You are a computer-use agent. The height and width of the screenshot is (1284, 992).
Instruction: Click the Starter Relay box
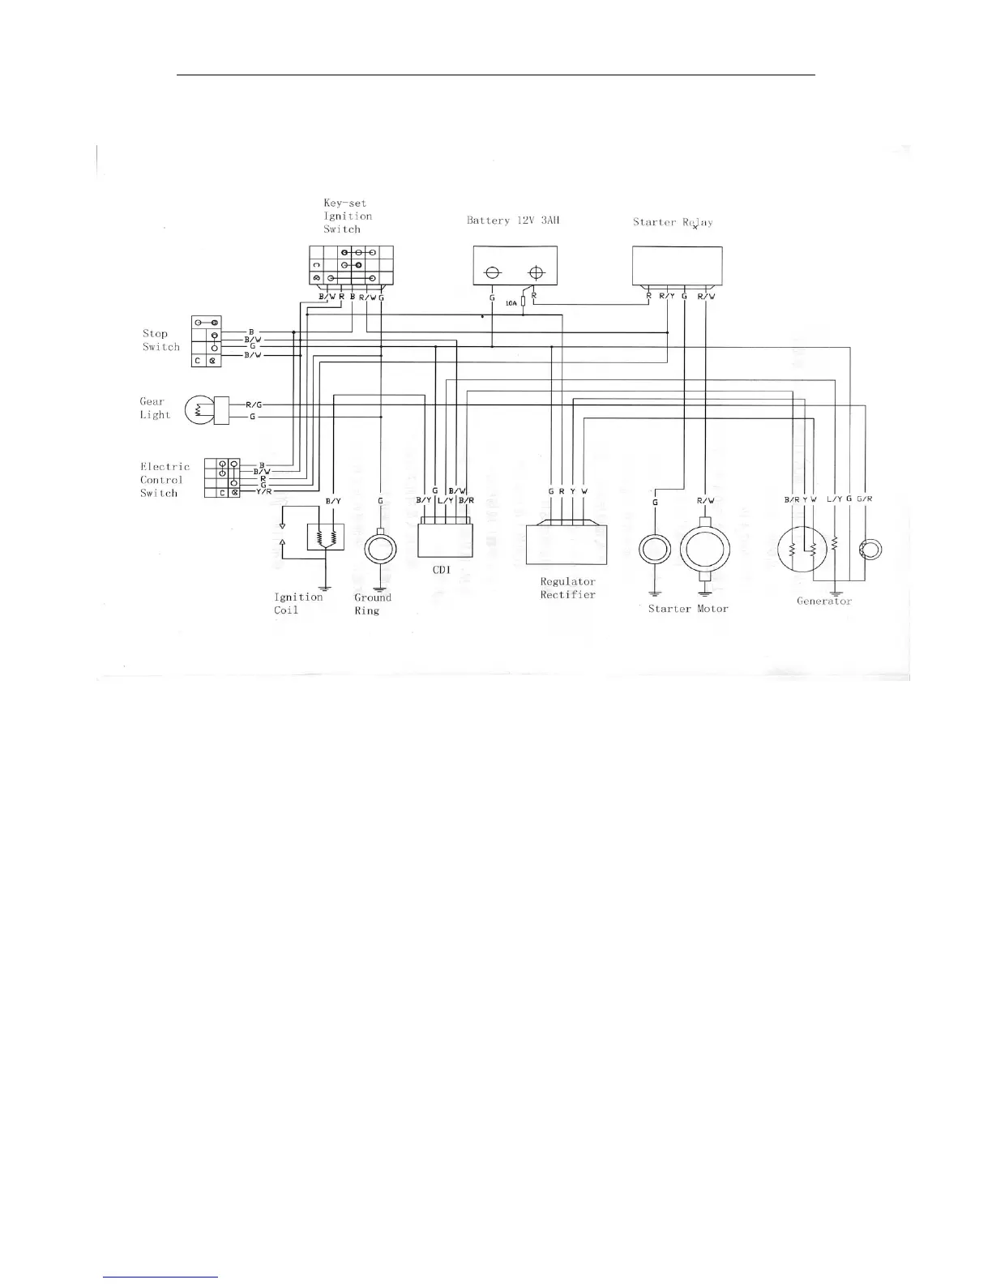point(677,267)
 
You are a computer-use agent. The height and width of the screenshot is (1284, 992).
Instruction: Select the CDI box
point(445,539)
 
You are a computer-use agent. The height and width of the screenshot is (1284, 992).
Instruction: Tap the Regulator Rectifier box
point(567,544)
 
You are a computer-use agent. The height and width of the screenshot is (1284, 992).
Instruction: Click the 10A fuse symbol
point(524,302)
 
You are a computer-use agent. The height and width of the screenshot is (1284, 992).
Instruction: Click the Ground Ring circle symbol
point(380,548)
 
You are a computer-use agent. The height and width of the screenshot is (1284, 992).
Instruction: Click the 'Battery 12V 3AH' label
point(513,220)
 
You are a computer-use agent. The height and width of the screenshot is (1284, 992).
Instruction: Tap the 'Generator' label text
point(824,601)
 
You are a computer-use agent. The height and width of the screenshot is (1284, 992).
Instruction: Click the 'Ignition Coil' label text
point(297,603)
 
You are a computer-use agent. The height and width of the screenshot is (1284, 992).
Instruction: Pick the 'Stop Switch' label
point(160,340)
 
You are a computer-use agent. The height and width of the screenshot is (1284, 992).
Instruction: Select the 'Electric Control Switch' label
point(165,479)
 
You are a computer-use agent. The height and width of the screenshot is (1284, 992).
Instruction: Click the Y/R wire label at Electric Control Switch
point(264,491)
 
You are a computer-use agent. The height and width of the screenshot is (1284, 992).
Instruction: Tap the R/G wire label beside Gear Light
point(254,404)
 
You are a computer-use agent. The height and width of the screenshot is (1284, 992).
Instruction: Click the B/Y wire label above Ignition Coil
point(333,501)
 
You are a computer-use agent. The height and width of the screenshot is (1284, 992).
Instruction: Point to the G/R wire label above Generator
point(865,499)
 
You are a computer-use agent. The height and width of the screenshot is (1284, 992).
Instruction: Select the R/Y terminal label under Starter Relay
point(667,296)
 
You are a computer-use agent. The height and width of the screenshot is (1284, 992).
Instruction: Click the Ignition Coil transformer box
point(325,537)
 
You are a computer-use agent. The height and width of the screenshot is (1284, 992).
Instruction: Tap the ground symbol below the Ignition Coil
point(324,587)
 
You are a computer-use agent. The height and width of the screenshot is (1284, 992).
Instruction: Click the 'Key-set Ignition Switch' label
point(348,216)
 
